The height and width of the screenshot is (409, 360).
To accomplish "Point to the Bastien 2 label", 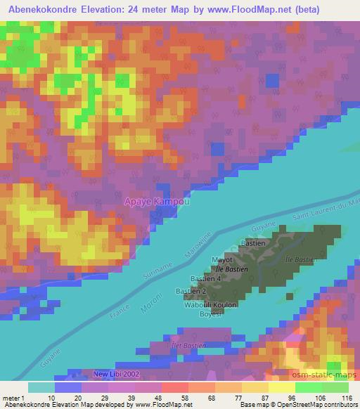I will pyautogui.click(x=191, y=291).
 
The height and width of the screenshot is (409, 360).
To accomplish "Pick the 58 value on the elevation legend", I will pyautogui.click(x=168, y=398).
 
